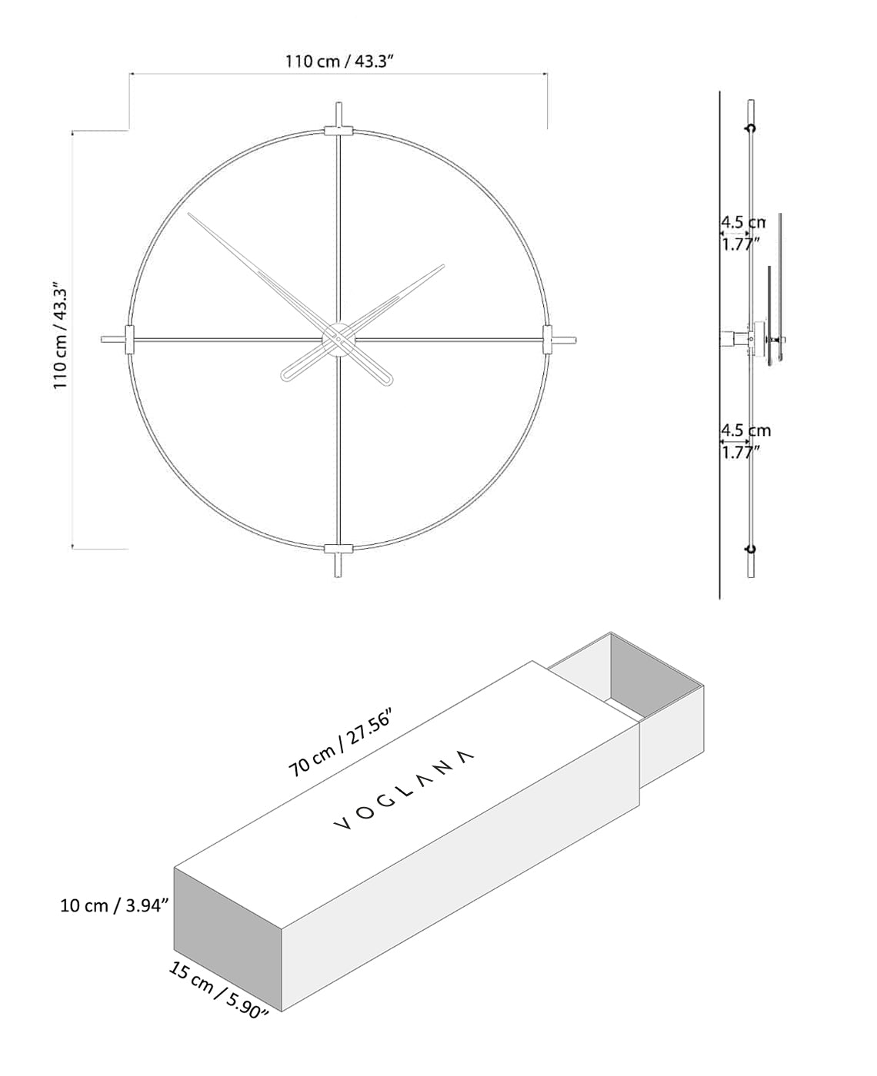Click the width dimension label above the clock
coord(339,61)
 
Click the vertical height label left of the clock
coord(61,339)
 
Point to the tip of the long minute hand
coord(190,214)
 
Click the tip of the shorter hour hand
coord(443,267)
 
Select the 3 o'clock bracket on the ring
coord(547,339)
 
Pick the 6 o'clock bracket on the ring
coord(338,548)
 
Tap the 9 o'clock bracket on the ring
coord(128,339)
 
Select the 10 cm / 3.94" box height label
coord(114,905)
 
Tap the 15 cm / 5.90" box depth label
coord(218,990)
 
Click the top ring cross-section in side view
coord(751,128)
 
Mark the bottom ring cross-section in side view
coord(751,548)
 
